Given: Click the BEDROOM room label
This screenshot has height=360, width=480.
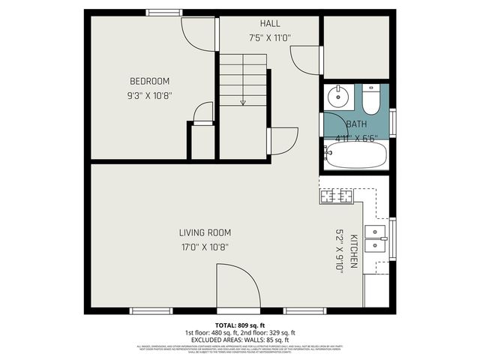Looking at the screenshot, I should click(x=149, y=81).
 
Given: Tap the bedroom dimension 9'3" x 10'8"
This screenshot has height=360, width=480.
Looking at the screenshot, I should click(x=149, y=95).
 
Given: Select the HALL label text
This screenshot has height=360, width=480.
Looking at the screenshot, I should click(x=270, y=24).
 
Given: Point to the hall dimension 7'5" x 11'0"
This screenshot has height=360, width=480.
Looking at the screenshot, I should click(x=270, y=37).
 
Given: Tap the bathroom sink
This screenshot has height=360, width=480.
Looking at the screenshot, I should click(x=337, y=96).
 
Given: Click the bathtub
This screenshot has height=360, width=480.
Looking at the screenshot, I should click(x=356, y=156).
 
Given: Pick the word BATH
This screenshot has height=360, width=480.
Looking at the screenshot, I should click(x=356, y=124).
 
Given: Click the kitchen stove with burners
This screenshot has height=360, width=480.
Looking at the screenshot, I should click(x=337, y=197).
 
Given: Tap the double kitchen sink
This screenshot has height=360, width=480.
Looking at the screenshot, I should click(x=374, y=238).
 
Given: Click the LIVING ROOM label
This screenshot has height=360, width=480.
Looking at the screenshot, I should click(x=204, y=232).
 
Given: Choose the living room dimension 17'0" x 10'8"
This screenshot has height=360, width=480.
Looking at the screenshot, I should click(x=204, y=247).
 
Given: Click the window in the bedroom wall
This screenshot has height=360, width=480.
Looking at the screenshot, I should click(x=163, y=12).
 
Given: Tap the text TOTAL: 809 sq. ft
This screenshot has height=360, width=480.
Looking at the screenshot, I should click(x=240, y=325).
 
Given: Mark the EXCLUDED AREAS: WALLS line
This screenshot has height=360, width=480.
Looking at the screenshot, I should click(x=240, y=340).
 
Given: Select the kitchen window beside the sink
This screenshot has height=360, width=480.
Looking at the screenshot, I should click(x=392, y=238).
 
